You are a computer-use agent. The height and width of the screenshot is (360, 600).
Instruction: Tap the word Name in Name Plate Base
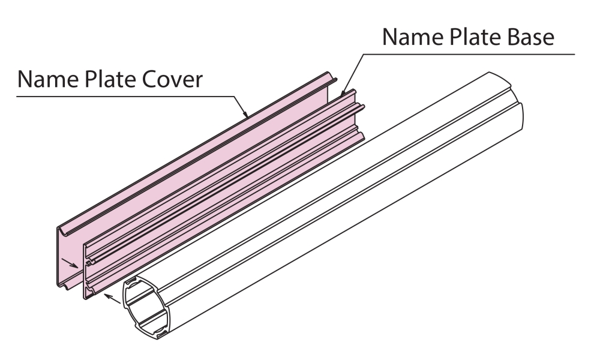pos(411,37)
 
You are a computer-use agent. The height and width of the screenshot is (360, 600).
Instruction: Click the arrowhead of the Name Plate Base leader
pos(343,95)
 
